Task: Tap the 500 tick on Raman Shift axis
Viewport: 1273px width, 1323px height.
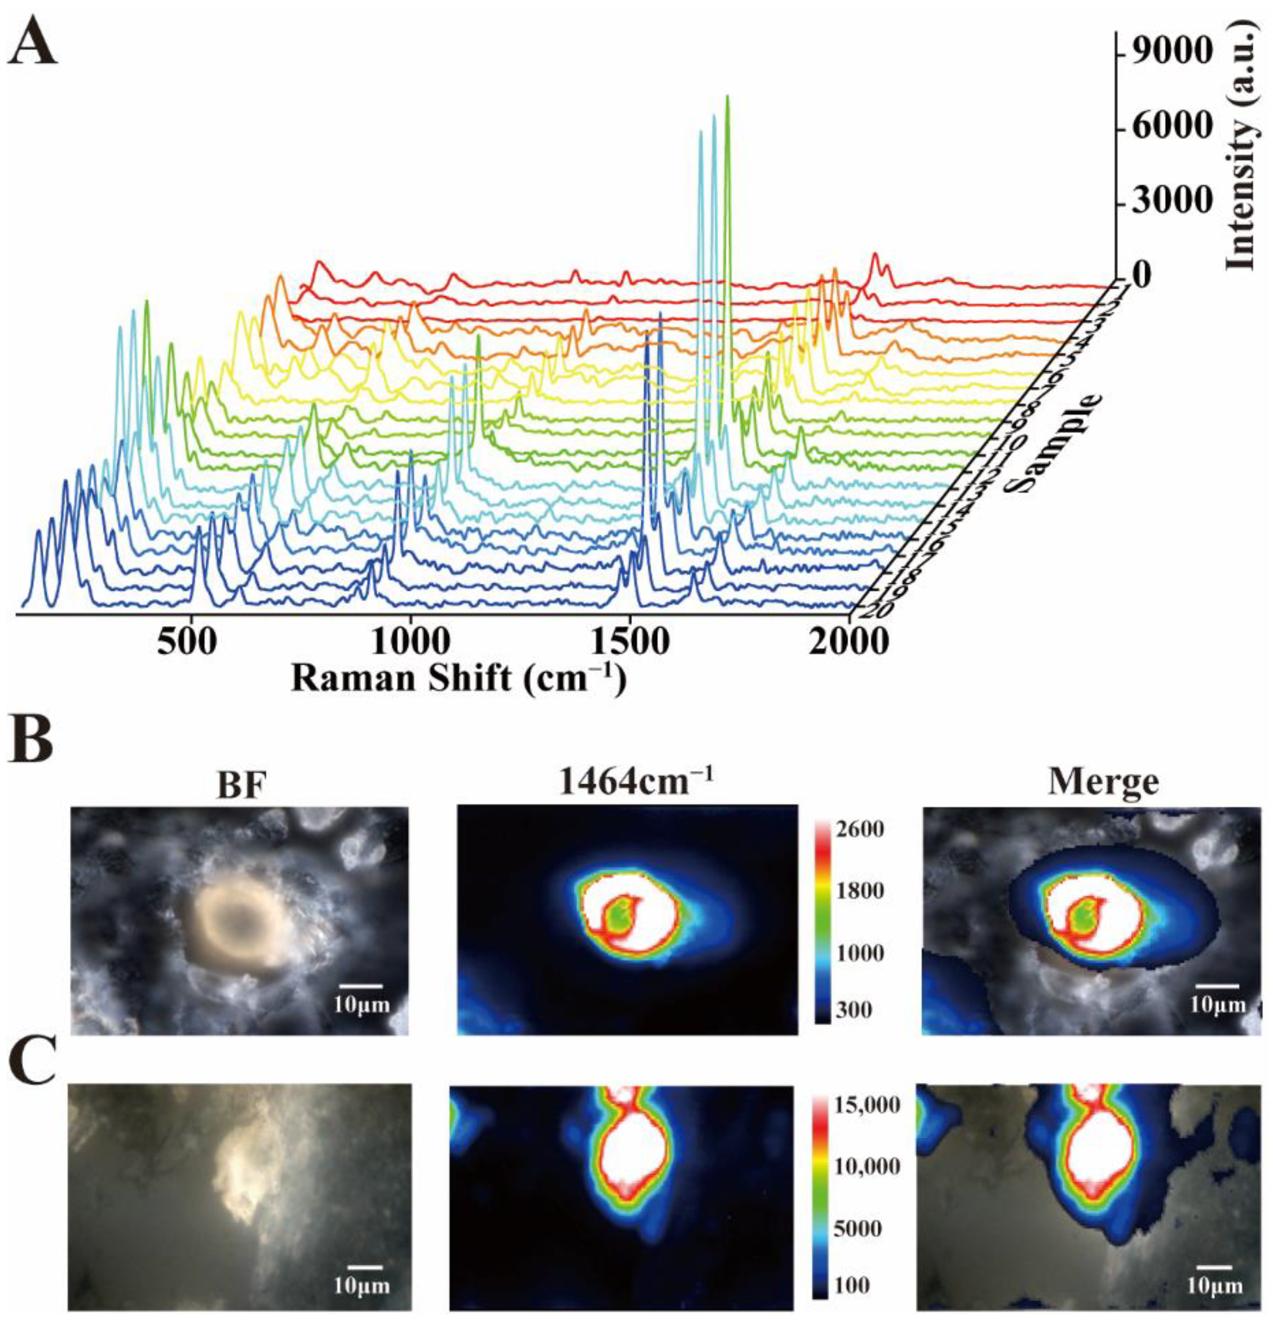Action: point(187,642)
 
